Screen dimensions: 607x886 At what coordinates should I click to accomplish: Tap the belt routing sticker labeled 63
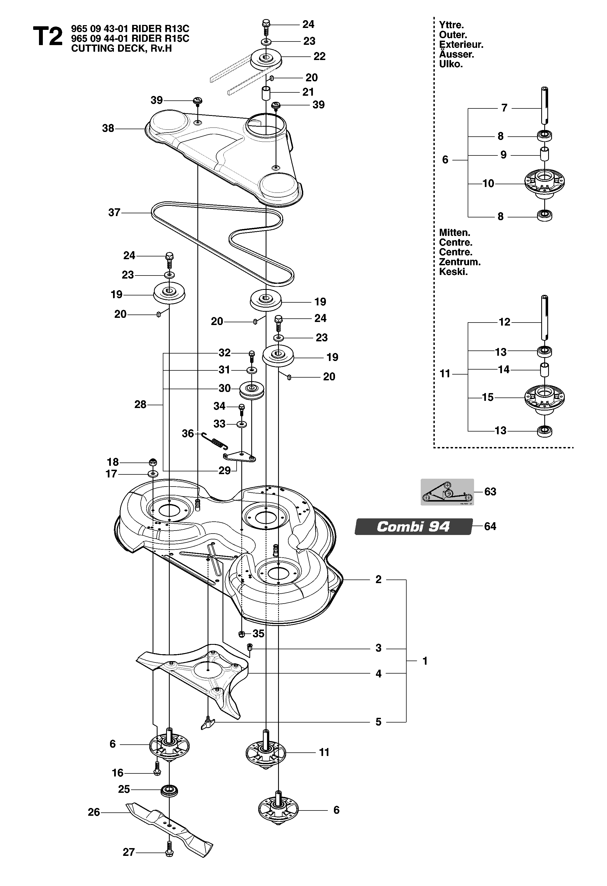[x=447, y=492]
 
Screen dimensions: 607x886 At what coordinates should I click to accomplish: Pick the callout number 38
[x=108, y=128]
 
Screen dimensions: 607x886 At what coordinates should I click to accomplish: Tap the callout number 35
[x=258, y=634]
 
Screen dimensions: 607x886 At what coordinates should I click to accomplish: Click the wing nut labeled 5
[x=208, y=722]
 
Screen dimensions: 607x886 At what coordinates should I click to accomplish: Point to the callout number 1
[x=425, y=661]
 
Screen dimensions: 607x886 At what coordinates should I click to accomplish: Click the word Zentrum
[x=460, y=262]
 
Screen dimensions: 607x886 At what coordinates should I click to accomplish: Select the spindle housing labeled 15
[x=545, y=400]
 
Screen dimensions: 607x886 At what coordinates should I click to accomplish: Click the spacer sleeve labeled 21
[x=266, y=93]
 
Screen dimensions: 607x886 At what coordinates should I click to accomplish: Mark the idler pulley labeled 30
[x=252, y=390]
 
